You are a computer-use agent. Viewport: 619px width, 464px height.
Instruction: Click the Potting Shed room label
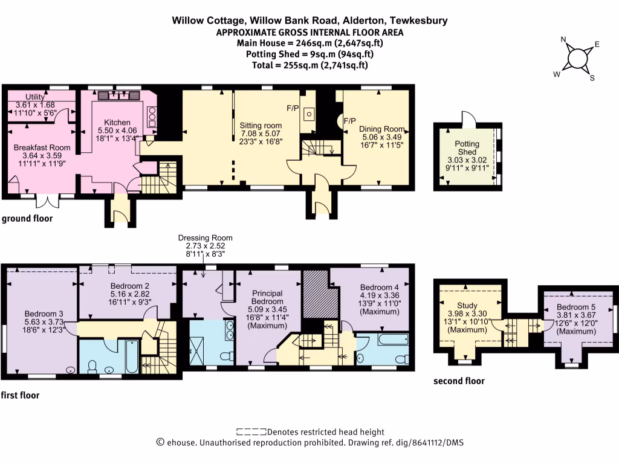[x=467, y=148]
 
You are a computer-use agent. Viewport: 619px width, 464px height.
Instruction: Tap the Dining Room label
[x=381, y=129]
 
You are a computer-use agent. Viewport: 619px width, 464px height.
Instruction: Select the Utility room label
[x=37, y=97]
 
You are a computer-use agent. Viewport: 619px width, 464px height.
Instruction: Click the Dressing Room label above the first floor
[x=205, y=238]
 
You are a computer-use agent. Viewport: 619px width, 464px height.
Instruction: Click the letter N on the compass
[x=564, y=41]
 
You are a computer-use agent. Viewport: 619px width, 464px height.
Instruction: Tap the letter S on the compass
[x=592, y=78]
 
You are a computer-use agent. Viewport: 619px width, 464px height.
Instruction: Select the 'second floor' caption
[x=459, y=381]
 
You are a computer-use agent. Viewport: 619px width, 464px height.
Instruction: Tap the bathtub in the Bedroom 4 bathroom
[x=394, y=340]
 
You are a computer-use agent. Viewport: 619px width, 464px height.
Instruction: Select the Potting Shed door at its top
[x=468, y=117]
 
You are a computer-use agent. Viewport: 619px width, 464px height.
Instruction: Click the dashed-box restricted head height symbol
[x=251, y=432]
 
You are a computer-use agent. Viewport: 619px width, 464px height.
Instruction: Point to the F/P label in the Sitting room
[x=293, y=108]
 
